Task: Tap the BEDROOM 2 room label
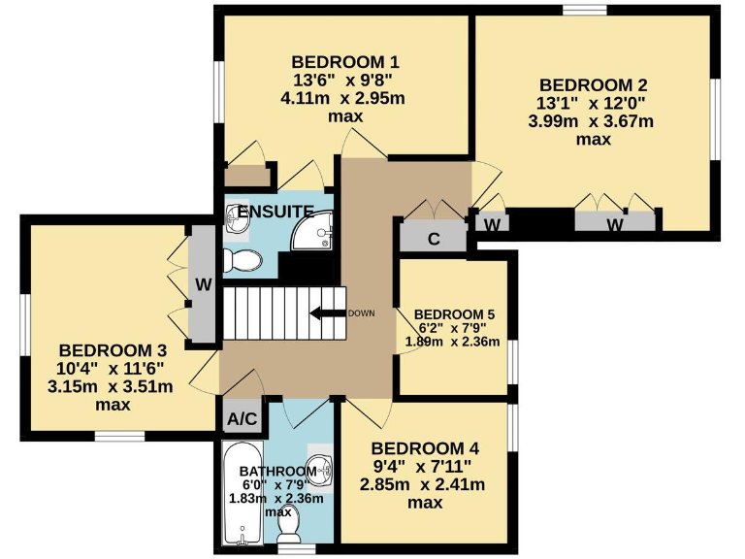click(593, 84)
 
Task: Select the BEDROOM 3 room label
click(113, 350)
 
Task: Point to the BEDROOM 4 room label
click(425, 448)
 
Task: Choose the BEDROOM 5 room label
click(455, 314)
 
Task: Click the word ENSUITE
click(275, 211)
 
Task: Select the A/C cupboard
click(242, 419)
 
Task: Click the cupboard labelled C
click(434, 237)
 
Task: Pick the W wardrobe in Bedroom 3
click(203, 285)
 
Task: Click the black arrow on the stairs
click(326, 312)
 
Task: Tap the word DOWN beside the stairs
click(361, 312)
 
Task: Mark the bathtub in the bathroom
click(240, 493)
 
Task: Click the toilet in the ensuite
click(243, 260)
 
